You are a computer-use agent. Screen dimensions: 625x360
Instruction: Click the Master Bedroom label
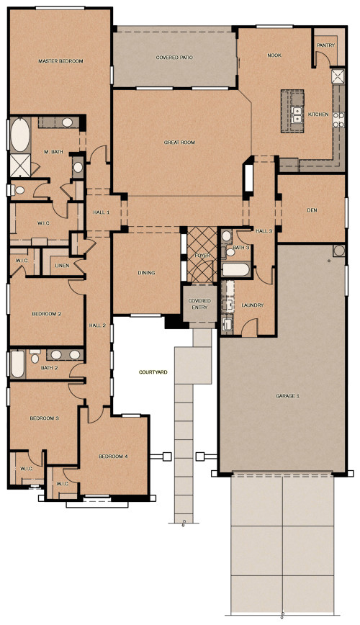(x=61, y=61)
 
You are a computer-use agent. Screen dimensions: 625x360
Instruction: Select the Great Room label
(x=179, y=143)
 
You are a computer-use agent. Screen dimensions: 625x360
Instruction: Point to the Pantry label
(x=324, y=45)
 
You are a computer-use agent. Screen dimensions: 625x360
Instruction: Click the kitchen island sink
(x=296, y=113)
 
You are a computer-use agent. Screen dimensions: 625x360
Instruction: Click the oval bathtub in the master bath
(x=19, y=135)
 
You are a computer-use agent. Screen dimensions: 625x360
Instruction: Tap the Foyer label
(x=202, y=255)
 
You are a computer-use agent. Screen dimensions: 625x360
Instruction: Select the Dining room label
(x=147, y=273)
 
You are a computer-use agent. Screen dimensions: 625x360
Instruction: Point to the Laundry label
(x=253, y=305)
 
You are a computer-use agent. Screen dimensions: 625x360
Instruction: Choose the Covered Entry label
(x=199, y=303)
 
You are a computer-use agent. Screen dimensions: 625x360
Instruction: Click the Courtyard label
(x=153, y=372)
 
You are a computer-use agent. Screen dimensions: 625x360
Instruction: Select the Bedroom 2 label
(x=46, y=314)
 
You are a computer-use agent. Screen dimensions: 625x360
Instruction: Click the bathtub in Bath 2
(x=17, y=364)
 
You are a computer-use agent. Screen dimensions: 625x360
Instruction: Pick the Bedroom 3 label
(x=44, y=418)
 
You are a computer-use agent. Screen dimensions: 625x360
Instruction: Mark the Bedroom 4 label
(x=113, y=457)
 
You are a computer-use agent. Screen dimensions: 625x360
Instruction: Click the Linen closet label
(x=60, y=266)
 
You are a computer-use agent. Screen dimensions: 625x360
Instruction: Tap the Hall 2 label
(x=98, y=326)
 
